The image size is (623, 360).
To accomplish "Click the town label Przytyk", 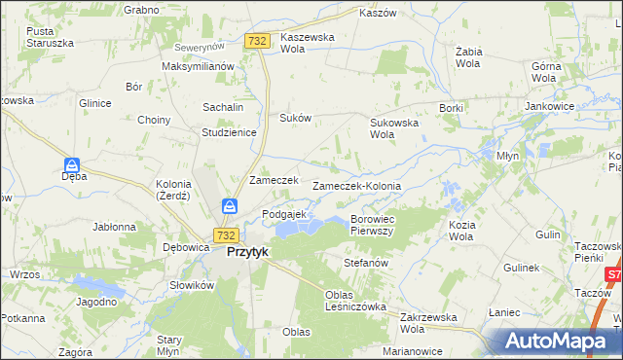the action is (x=247, y=251).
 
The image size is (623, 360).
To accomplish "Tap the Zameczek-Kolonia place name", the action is (x=356, y=186).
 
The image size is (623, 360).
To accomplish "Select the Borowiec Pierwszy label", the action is (x=371, y=225).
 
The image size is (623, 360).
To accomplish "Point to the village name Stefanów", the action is (x=366, y=263).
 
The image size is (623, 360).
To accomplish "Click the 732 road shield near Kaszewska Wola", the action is (x=257, y=41).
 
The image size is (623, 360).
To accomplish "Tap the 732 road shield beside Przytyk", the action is (x=226, y=235).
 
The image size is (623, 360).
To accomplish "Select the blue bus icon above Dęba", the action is (x=73, y=165).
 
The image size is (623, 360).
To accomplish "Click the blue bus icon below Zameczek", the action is (x=230, y=206).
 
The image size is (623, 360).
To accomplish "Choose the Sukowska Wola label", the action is (x=393, y=128).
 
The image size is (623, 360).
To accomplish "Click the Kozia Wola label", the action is (x=461, y=231).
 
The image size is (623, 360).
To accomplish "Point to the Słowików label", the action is (x=192, y=285).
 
